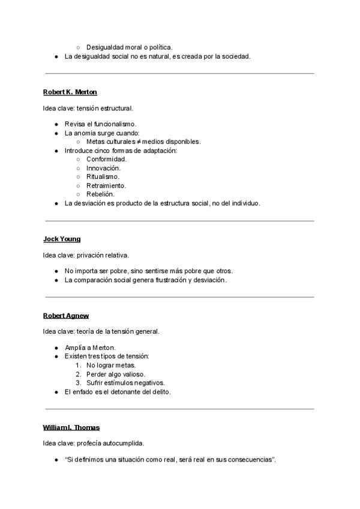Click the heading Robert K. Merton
70,92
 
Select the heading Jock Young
61,239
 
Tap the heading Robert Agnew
65,315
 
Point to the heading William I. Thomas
71,427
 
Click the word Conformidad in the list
106,159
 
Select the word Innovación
103,168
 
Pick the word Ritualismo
103,176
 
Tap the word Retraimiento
106,185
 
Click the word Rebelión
100,194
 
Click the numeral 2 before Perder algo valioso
78,374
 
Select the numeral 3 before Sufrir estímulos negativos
78,383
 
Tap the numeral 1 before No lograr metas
78,365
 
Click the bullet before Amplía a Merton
56,348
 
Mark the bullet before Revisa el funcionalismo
56,124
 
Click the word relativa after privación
115,255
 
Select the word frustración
155,280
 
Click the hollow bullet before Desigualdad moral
78,47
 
